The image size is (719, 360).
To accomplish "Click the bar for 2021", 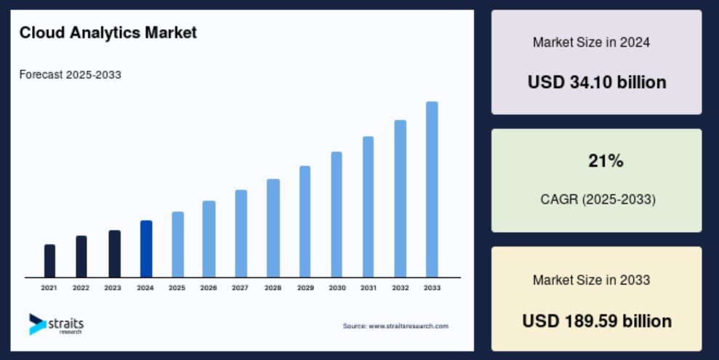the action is (x=49, y=261).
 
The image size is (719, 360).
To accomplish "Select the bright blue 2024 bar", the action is (x=146, y=249).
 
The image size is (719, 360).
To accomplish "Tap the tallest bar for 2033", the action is (x=432, y=189).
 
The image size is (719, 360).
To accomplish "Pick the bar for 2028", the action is (x=273, y=228).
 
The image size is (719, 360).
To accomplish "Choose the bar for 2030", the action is (x=337, y=215).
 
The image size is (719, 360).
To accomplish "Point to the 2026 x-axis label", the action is (x=209, y=288).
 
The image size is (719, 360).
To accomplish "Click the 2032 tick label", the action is (x=401, y=288).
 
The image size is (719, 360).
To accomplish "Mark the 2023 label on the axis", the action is (x=113, y=288).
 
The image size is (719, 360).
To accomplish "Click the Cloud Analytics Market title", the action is (x=108, y=33).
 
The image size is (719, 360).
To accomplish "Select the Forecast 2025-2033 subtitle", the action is (x=71, y=75).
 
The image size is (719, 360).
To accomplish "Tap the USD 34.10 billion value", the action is (x=597, y=83).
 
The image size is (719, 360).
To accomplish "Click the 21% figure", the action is (x=606, y=161).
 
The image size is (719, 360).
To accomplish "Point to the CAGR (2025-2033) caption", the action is (x=598, y=200).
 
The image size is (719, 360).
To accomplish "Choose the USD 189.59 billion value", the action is (x=597, y=321).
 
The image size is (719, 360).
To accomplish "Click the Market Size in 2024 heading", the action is (x=591, y=43).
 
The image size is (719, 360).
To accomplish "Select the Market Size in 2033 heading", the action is (x=591, y=280).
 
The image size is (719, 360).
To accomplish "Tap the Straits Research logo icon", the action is (x=36, y=324).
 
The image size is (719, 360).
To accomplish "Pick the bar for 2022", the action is (x=81, y=257).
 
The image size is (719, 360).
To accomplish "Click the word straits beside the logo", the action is (x=65, y=323).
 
